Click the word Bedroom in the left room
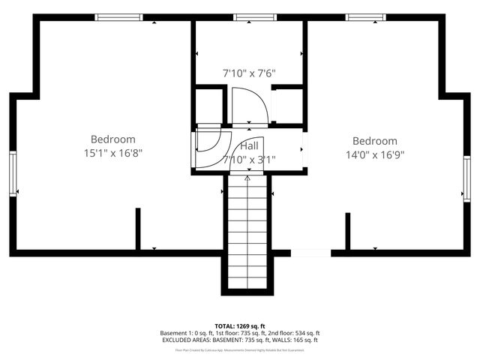point(112,139)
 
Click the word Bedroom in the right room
point(374,141)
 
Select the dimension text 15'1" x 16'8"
point(112,153)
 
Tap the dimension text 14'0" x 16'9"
point(374,155)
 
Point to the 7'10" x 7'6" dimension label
point(249,73)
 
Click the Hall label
point(249,145)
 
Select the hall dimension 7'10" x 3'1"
point(249,159)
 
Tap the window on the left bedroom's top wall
point(118,17)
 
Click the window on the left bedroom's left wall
point(13,173)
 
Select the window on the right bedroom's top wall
point(365,17)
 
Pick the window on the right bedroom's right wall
point(466,180)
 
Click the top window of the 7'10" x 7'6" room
point(249,17)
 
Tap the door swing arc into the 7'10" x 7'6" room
point(247,105)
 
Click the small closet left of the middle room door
point(209,106)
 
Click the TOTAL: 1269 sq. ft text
point(239,326)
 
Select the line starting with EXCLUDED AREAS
point(239,340)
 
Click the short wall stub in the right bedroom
point(347,231)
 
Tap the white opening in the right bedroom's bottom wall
point(310,253)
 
